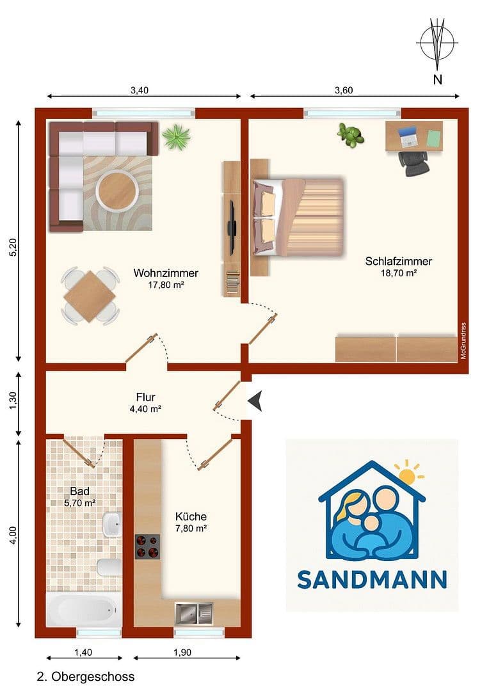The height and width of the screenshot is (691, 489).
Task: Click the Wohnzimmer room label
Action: (166, 273)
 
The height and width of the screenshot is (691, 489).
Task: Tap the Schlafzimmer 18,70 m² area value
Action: (399, 273)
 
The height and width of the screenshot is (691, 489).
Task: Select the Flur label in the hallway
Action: (145, 397)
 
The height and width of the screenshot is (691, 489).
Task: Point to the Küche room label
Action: (191, 516)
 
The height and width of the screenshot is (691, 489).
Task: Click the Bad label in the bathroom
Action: (79, 491)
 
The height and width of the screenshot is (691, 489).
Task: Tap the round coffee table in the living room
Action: (117, 189)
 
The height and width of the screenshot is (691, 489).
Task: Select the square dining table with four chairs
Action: (90, 296)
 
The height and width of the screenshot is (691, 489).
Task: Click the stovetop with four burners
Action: (147, 547)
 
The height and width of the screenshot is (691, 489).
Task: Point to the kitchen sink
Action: (193, 614)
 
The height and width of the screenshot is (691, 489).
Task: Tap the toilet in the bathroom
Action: (108, 566)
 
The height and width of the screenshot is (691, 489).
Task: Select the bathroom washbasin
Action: (111, 525)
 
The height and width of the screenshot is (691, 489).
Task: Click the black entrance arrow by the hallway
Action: (255, 402)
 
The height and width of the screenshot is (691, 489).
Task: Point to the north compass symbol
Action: (438, 45)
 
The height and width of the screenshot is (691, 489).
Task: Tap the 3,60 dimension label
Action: (343, 90)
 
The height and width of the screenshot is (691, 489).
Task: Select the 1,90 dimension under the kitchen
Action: (182, 653)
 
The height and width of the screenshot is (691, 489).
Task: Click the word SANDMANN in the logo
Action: (372, 580)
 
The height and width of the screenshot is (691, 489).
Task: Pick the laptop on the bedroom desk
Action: (408, 136)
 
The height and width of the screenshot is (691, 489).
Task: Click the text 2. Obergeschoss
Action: (86, 676)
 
